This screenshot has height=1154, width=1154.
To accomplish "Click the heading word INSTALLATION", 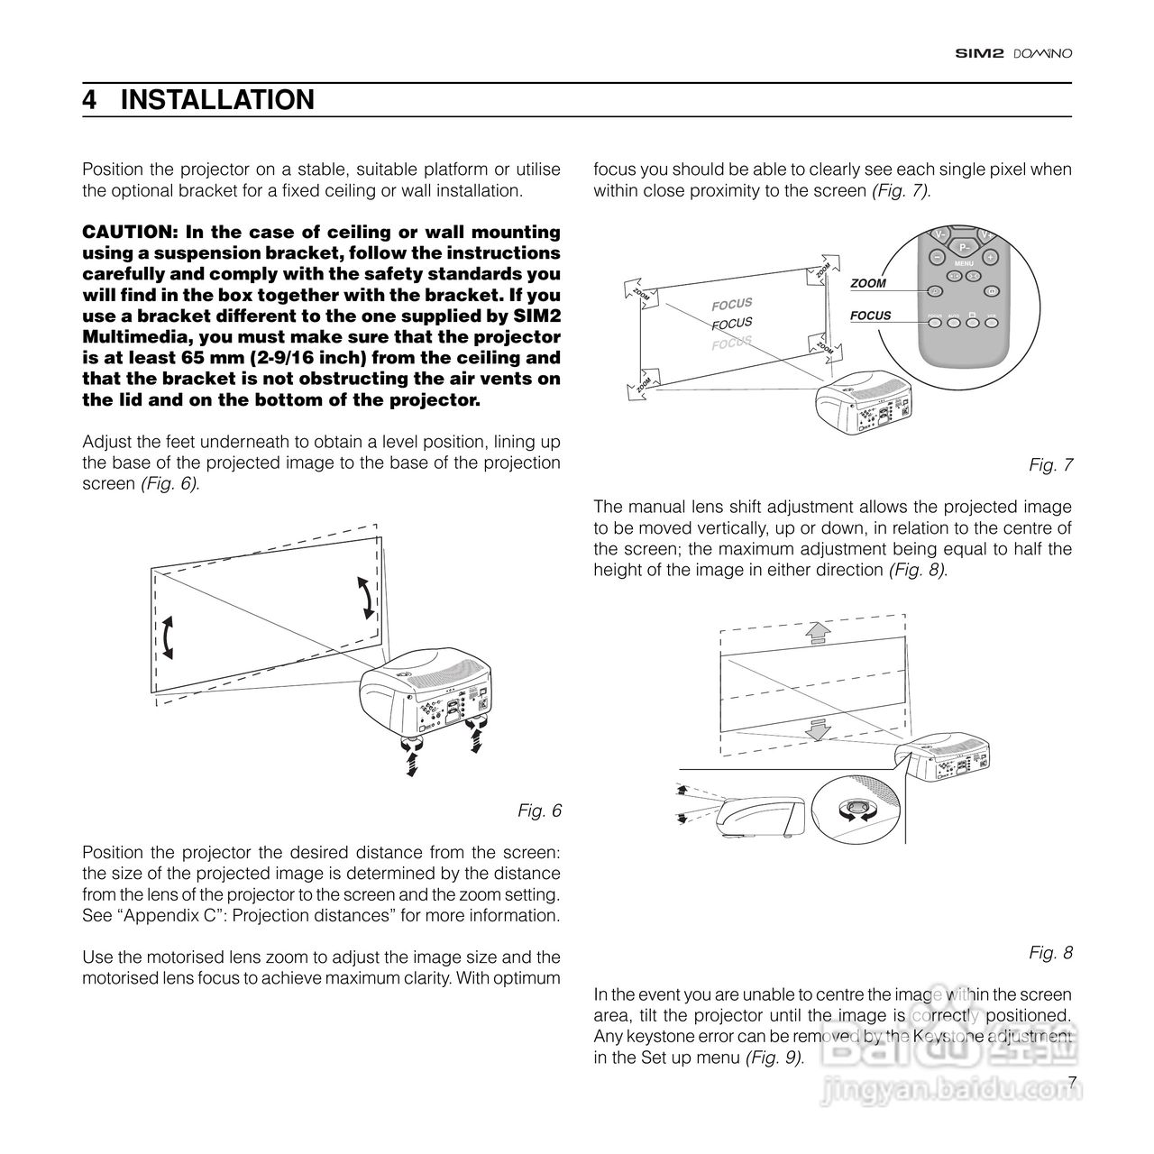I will pos(217,100).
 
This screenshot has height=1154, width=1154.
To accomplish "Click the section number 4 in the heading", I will pos(89,100).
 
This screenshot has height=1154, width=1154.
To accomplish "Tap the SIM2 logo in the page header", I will pos(979,53).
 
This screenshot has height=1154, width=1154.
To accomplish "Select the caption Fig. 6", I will pos(539,811).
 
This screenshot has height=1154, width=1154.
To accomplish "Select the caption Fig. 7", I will pos(1050,465).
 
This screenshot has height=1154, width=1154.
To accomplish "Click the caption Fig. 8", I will pos(1050,952).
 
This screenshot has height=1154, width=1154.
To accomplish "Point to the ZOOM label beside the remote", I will pos(868,283).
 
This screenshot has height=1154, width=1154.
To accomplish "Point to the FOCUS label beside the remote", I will pos(870,316).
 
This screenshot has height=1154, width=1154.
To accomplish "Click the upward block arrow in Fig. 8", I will pos(817,632).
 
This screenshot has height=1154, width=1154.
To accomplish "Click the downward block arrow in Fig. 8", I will pos(817,728).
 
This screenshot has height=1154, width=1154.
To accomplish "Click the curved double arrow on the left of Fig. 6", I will pos(167,639).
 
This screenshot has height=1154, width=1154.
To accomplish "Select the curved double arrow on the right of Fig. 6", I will pos(365,598).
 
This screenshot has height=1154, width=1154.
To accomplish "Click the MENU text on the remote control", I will pos(963,263).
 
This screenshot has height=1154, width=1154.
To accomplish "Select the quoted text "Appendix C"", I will pos(157,915).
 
